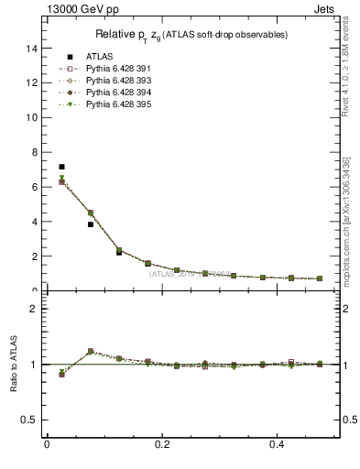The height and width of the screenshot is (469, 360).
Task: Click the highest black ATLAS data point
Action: [x=61, y=167]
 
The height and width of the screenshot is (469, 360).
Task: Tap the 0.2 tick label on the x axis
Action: [x=161, y=444]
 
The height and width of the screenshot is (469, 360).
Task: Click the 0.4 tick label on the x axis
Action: [x=276, y=444]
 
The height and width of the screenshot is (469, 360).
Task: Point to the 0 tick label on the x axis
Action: [x=47, y=444]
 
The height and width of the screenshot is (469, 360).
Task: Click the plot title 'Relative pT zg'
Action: [x=191, y=35]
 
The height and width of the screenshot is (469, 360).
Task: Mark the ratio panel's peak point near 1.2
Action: [x=90, y=351]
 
